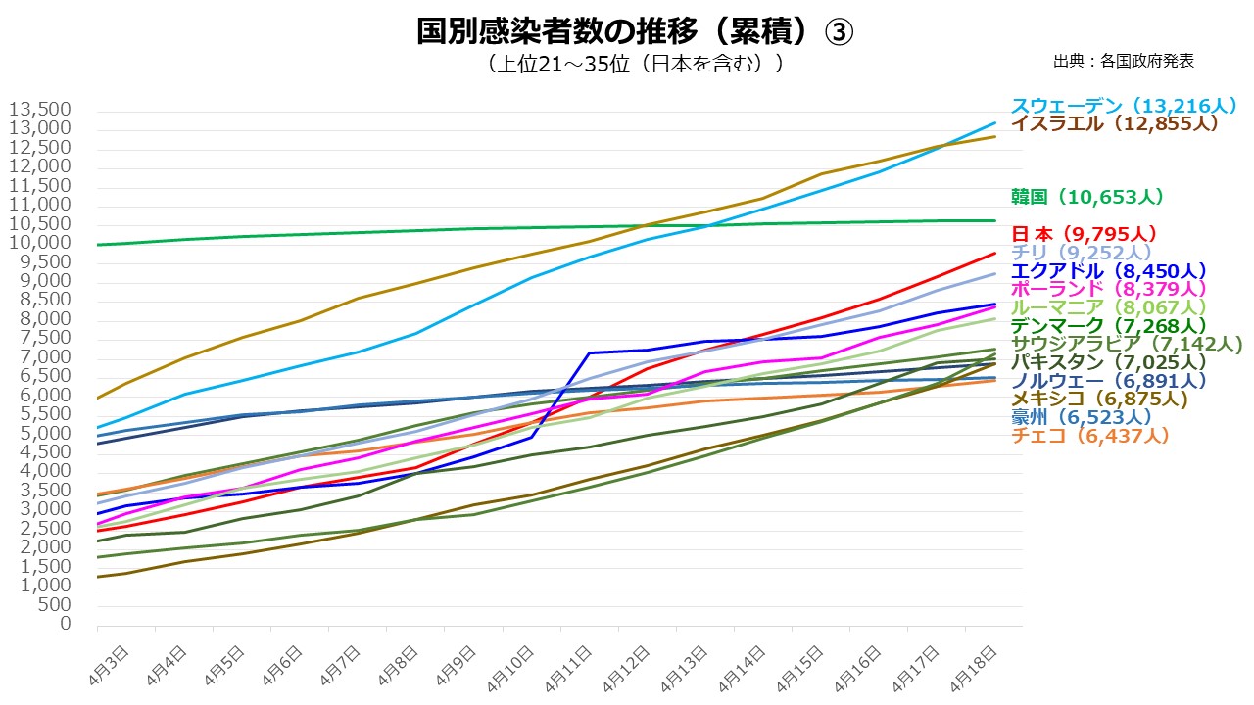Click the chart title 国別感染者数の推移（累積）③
pyautogui.click(x=635, y=31)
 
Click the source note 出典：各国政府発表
pyautogui.click(x=1124, y=61)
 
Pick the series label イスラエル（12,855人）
pyautogui.click(x=1114, y=123)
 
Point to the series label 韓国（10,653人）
pyautogui.click(x=1086, y=197)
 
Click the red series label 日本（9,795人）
pyautogui.click(x=1084, y=234)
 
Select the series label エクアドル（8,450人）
pyautogui.click(x=1108, y=271)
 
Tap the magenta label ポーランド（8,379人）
pyautogui.click(x=1108, y=289)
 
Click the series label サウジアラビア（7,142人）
pyautogui.click(x=1126, y=344)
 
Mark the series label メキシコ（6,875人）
pyautogui.click(x=1099, y=399)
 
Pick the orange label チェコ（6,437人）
pyautogui.click(x=1089, y=436)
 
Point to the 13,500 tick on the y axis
pyautogui.click(x=40, y=109)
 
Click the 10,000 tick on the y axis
pyautogui.click(x=40, y=243)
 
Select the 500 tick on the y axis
pyautogui.click(x=57, y=605)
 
